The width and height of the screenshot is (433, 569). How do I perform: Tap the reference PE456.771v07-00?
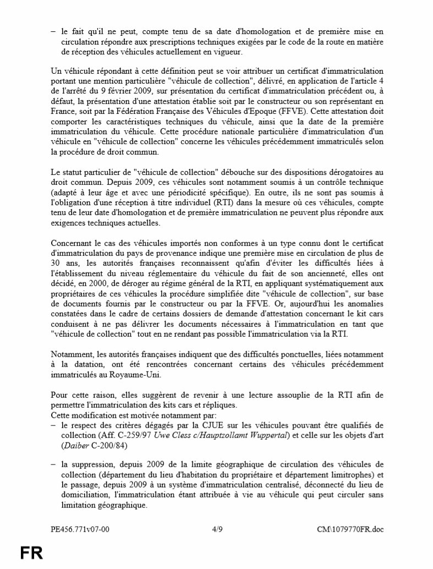pos(80,529)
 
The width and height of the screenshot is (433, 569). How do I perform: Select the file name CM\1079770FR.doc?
pos(350,529)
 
